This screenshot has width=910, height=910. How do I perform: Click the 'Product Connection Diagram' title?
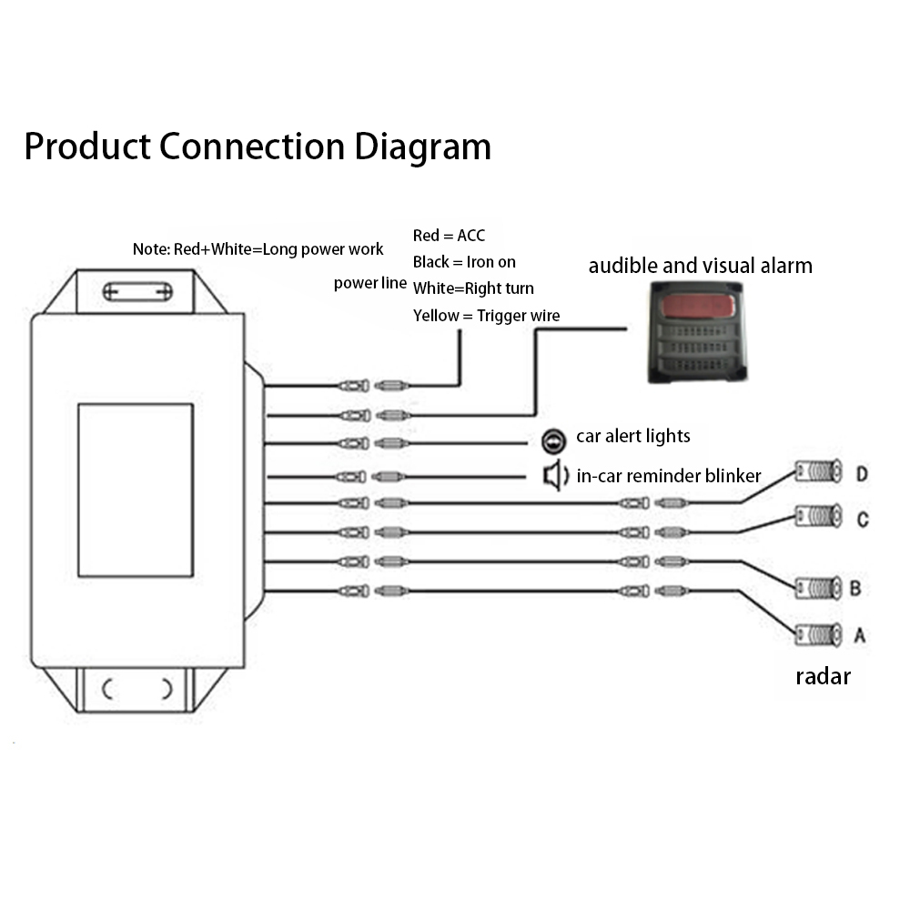point(258,147)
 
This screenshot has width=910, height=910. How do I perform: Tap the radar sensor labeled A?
point(818,635)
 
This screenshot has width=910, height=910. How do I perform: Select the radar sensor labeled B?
point(818,589)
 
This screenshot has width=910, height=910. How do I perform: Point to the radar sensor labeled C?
point(818,516)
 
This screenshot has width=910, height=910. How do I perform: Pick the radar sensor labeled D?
point(818,470)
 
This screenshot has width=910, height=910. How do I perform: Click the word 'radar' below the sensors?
point(823,677)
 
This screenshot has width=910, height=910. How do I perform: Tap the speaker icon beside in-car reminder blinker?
point(555,476)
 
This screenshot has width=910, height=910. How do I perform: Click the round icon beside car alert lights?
point(553,441)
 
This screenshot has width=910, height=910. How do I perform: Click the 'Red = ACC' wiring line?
point(449,236)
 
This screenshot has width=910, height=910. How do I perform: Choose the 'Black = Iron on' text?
point(464,262)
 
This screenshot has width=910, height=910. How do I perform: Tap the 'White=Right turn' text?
point(473,288)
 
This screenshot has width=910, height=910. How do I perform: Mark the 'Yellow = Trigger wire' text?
point(486,316)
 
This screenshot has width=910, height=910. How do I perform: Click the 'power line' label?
point(369,283)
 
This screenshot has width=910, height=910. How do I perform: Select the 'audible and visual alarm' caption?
point(701,266)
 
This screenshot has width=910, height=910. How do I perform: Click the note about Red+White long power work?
point(258,249)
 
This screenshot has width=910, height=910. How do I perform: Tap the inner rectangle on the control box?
point(136,490)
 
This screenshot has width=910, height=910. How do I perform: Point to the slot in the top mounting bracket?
point(137,291)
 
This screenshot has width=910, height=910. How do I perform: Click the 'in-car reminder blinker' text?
point(669,476)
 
